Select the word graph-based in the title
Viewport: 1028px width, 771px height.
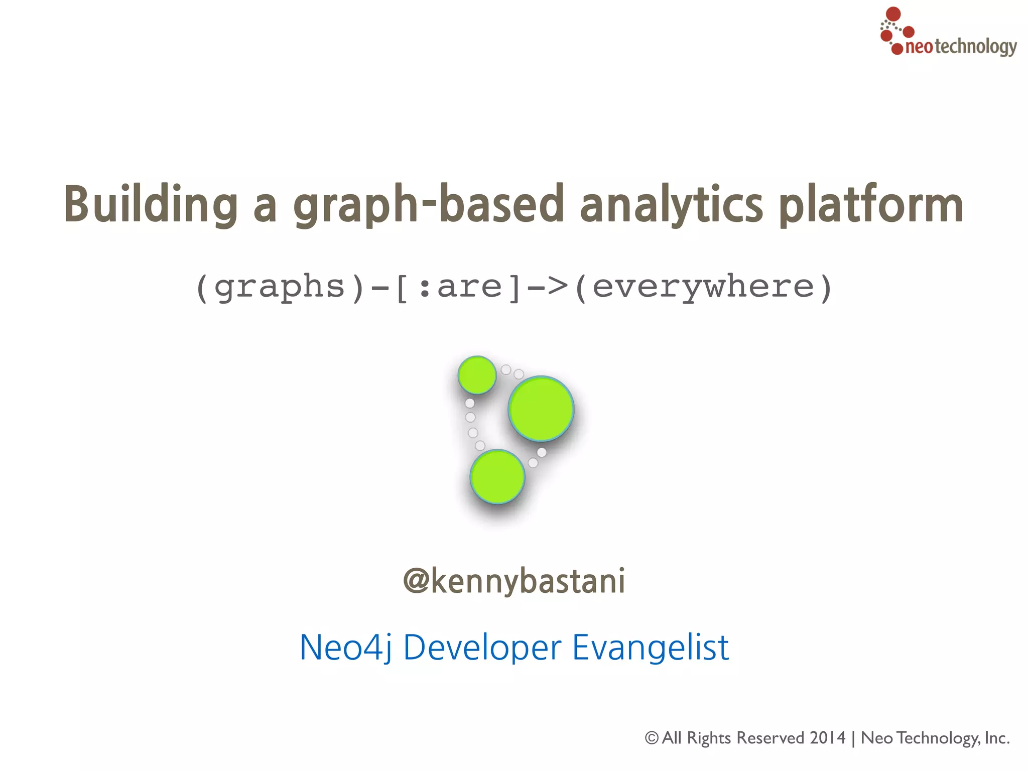pyautogui.click(x=429, y=204)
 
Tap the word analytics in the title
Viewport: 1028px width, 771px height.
pyautogui.click(x=672, y=204)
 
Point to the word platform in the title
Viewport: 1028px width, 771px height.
pyautogui.click(x=871, y=204)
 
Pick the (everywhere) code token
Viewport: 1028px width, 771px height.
pyautogui.click(x=703, y=287)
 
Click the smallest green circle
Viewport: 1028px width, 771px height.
pyautogui.click(x=477, y=375)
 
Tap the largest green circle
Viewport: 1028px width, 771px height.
pyautogui.click(x=541, y=409)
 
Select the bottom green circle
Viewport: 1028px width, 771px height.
pyautogui.click(x=497, y=476)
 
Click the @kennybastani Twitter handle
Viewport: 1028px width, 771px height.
pyautogui.click(x=514, y=581)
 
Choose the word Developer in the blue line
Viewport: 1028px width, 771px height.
pyautogui.click(x=482, y=648)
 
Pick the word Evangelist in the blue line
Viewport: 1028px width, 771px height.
pyautogui.click(x=651, y=648)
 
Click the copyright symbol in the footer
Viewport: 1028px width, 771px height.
pyautogui.click(x=652, y=738)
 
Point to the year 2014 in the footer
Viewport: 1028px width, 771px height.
pyautogui.click(x=827, y=738)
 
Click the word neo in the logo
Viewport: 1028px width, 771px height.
pyautogui.click(x=919, y=47)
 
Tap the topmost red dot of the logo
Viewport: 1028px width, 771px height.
pyautogui.click(x=893, y=14)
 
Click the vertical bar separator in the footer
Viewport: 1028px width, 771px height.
pyautogui.click(x=853, y=738)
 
